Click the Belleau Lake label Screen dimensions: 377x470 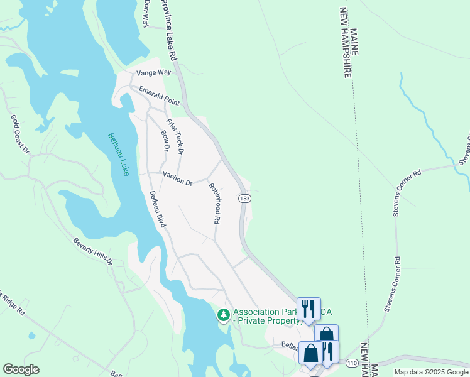(117, 155)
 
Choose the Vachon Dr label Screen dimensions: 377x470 (177, 178)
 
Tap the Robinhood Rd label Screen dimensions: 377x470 (216, 204)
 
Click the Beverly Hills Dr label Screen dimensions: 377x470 (92, 251)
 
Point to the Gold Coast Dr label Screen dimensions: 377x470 (19, 134)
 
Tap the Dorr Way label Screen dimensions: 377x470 (146, 13)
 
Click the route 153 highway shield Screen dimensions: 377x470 (245, 199)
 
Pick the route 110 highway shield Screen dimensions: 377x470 (352, 363)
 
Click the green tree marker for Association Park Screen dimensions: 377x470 (223, 314)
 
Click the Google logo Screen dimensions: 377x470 (21, 369)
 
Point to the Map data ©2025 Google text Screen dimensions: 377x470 (431, 372)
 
